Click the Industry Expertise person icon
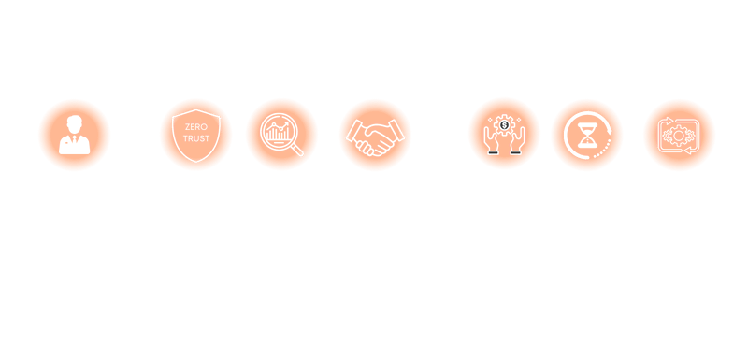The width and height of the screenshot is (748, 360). point(74,135)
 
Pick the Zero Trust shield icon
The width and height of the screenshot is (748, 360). point(194,135)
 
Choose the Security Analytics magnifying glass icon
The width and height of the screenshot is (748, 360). point(281,135)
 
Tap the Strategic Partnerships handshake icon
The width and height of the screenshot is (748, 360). point(375,135)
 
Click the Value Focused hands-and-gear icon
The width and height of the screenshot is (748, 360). point(504,135)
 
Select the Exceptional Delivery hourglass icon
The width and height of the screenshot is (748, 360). point(587,135)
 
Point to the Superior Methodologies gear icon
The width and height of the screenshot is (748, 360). point(679,135)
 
